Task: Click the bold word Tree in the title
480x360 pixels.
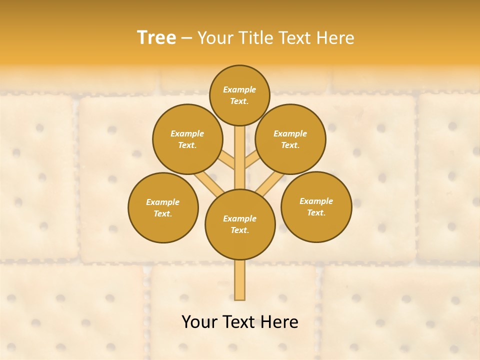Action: pos(156,38)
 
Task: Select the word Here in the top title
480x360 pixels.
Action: pos(335,38)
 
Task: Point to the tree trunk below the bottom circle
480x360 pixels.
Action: pos(240,280)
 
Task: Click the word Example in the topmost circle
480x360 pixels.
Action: pos(239,89)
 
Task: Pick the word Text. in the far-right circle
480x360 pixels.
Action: pos(316,212)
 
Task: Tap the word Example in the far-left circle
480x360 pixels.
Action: pos(162,202)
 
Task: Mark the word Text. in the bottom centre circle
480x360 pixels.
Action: pos(239,230)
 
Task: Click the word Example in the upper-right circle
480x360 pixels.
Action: pos(290,133)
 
